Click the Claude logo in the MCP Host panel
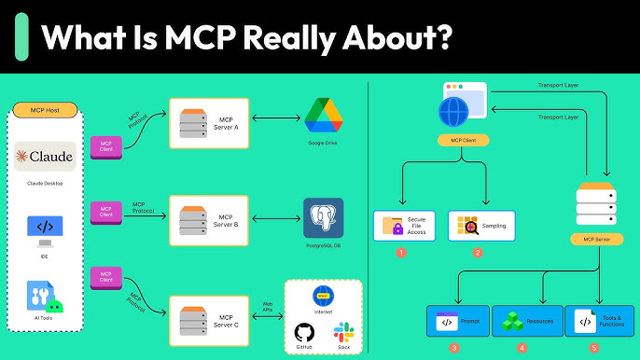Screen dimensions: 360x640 click(x=45, y=156)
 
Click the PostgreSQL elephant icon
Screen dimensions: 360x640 click(x=323, y=217)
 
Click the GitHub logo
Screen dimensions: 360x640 click(x=305, y=332)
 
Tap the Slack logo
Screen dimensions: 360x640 click(x=343, y=331)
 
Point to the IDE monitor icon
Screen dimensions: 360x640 click(x=45, y=228)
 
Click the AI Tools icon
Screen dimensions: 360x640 click(x=45, y=297)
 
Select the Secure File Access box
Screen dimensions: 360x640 click(x=403, y=226)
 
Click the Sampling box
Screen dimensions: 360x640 click(x=481, y=226)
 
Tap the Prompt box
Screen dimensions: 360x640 click(x=457, y=322)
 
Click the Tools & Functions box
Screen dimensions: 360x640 click(x=597, y=322)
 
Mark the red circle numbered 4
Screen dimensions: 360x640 click(x=522, y=348)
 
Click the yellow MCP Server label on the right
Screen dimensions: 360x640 click(x=595, y=240)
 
